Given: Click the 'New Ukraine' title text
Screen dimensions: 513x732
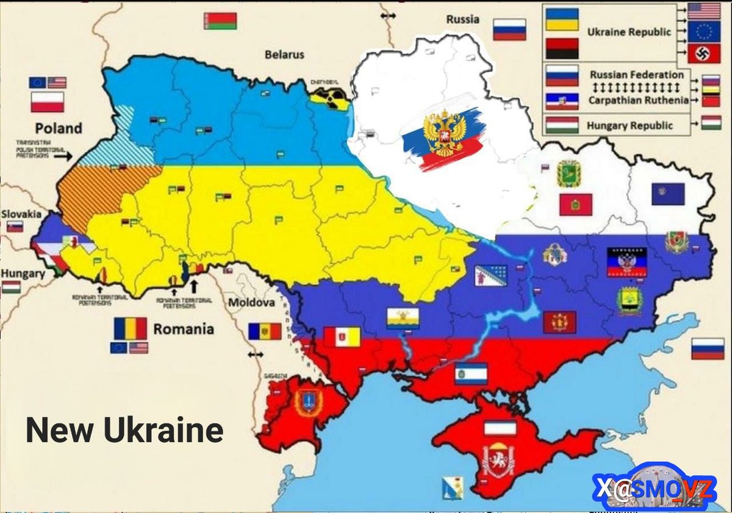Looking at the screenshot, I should [124, 431].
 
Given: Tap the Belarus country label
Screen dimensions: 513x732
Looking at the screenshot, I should [284, 55].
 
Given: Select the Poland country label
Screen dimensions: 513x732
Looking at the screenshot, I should [58, 128].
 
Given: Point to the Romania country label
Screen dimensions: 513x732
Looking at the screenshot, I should [183, 330].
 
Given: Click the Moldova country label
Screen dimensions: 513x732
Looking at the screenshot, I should [251, 303].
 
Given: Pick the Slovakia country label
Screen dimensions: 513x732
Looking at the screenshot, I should [21, 214].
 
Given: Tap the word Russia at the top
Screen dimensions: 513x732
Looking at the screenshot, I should [462, 19].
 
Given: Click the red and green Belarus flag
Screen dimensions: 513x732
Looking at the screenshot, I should [220, 21].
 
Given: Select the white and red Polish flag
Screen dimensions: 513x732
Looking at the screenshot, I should [48, 102].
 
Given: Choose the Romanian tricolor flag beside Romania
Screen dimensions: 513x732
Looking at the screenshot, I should [130, 328].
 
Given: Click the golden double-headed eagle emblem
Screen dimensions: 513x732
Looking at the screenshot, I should [444, 133].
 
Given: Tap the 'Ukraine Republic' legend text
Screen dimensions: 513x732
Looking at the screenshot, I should [628, 32].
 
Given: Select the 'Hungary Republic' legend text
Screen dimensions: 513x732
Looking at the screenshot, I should [630, 126].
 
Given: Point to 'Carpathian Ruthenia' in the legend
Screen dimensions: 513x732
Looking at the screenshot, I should [638, 100].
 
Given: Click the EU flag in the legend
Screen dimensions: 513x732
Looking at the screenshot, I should [703, 32].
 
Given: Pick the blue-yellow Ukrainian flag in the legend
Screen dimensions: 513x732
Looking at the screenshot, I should [562, 19].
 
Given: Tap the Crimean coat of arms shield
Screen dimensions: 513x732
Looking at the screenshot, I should [498, 460].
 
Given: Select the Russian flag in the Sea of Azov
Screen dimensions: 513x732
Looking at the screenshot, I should [708, 348].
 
